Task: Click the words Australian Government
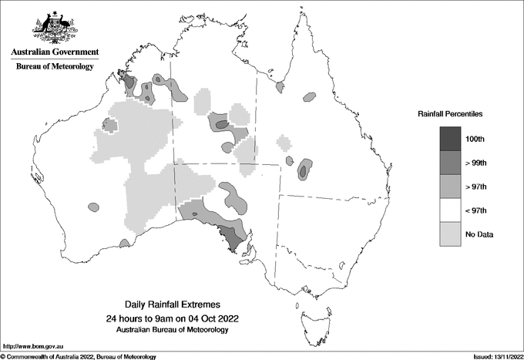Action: click(55, 52)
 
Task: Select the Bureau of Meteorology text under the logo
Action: click(55, 67)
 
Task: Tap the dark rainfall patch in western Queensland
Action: click(304, 170)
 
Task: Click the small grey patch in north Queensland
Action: click(309, 97)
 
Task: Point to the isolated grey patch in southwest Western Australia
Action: click(94, 207)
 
